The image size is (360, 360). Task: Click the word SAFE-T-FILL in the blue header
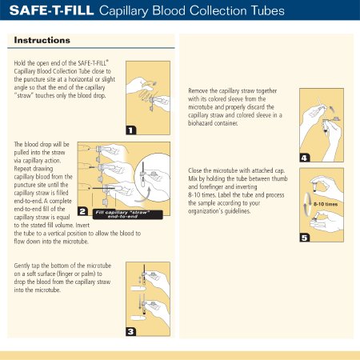click(51, 10)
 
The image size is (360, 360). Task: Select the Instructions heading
click(42, 40)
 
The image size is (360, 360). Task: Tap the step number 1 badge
click(130, 130)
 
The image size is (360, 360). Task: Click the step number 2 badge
click(82, 211)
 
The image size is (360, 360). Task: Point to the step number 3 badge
click(130, 331)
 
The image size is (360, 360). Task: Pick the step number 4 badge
click(304, 158)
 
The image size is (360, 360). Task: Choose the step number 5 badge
click(304, 238)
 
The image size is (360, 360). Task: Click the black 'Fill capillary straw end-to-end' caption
click(128, 214)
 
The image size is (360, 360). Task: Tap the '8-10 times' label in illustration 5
click(326, 204)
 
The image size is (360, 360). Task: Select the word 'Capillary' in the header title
click(123, 11)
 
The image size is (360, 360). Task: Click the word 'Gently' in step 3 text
click(22, 266)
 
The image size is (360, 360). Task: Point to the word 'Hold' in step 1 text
click(20, 63)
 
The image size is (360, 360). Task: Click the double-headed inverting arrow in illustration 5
click(305, 203)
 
